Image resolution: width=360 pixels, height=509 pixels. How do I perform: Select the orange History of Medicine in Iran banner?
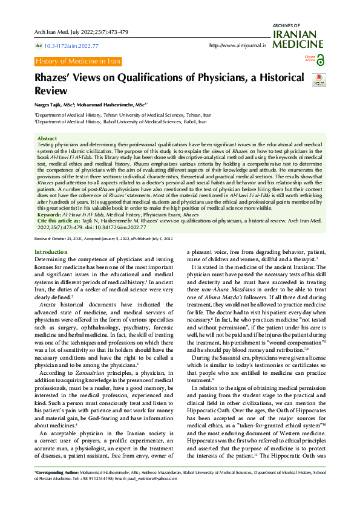tap(78, 62)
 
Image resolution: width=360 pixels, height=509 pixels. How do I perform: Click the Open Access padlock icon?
tap(320, 59)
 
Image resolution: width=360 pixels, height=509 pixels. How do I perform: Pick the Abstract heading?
tap(47, 138)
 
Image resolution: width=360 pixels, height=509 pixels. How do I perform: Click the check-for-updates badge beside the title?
tap(321, 80)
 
